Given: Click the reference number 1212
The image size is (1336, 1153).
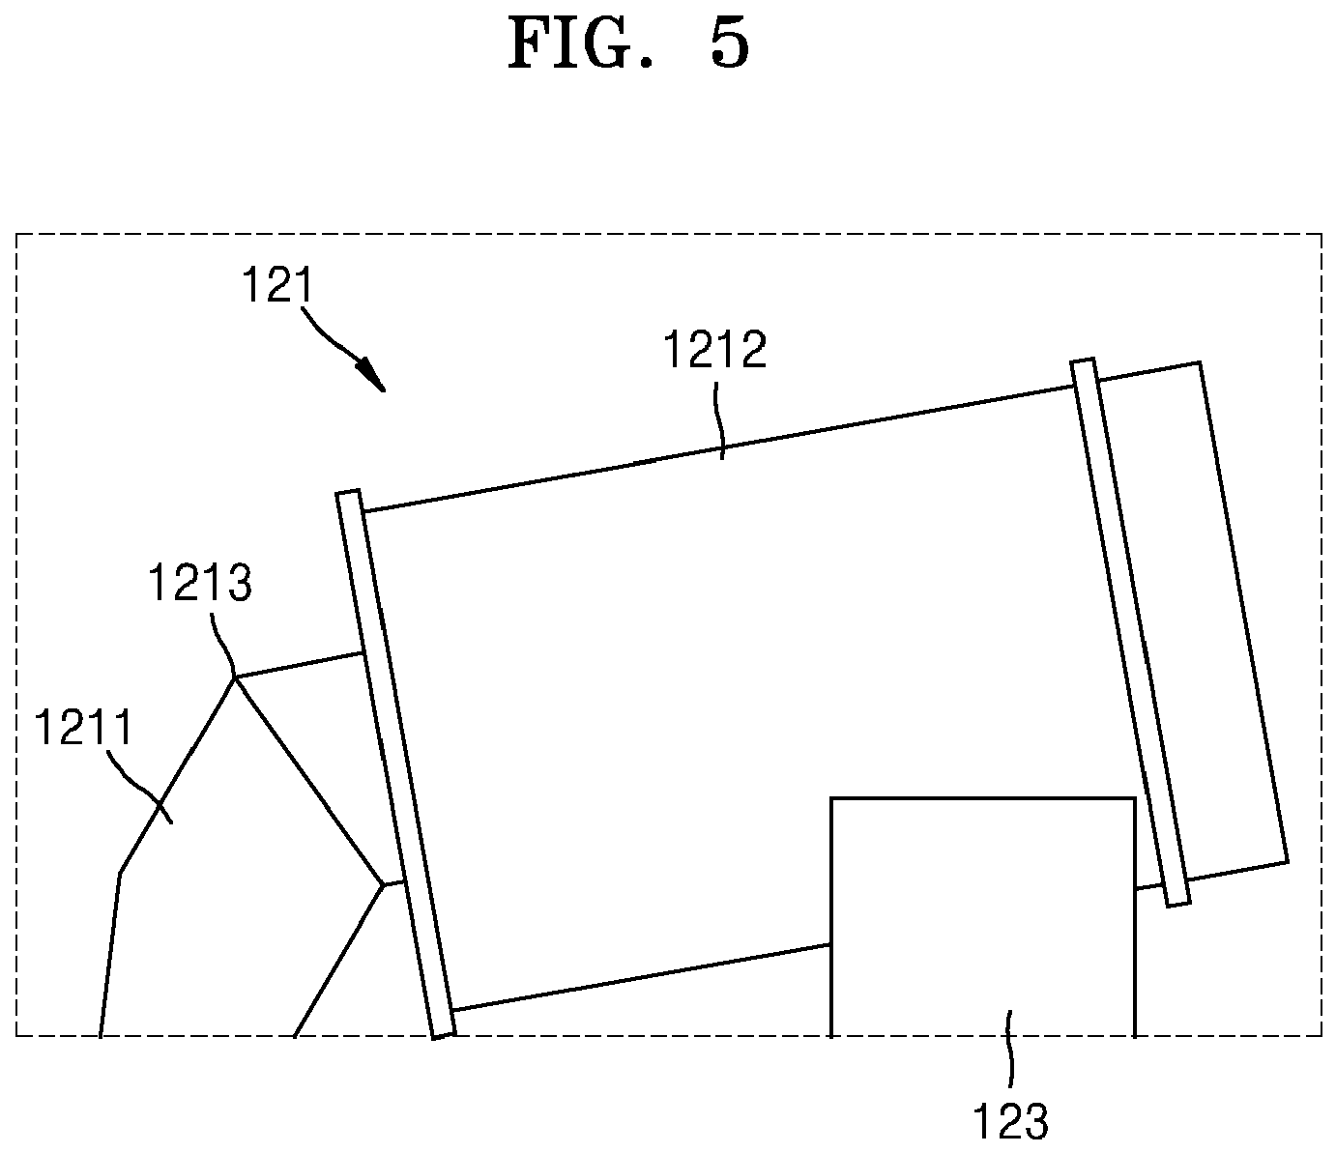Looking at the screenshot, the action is (x=714, y=350).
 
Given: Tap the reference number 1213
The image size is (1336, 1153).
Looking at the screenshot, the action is (x=200, y=583).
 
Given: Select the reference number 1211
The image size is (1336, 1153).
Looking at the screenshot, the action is (x=83, y=727).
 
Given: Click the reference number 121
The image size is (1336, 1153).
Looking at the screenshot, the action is (x=277, y=285).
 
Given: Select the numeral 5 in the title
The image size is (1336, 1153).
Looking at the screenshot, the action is (x=730, y=44).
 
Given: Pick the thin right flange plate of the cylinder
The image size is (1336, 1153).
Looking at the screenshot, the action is (x=1131, y=632).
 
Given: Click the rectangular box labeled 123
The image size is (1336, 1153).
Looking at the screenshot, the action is (x=982, y=918).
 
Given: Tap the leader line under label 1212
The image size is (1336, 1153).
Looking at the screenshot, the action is (x=719, y=420).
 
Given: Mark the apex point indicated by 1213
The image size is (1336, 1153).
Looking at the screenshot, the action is (x=235, y=677).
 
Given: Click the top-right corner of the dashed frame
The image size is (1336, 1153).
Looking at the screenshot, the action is (x=1321, y=234).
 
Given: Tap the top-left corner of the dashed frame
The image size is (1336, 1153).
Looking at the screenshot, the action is (x=16, y=234).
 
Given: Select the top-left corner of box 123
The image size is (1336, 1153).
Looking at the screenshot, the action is (x=830, y=798).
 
